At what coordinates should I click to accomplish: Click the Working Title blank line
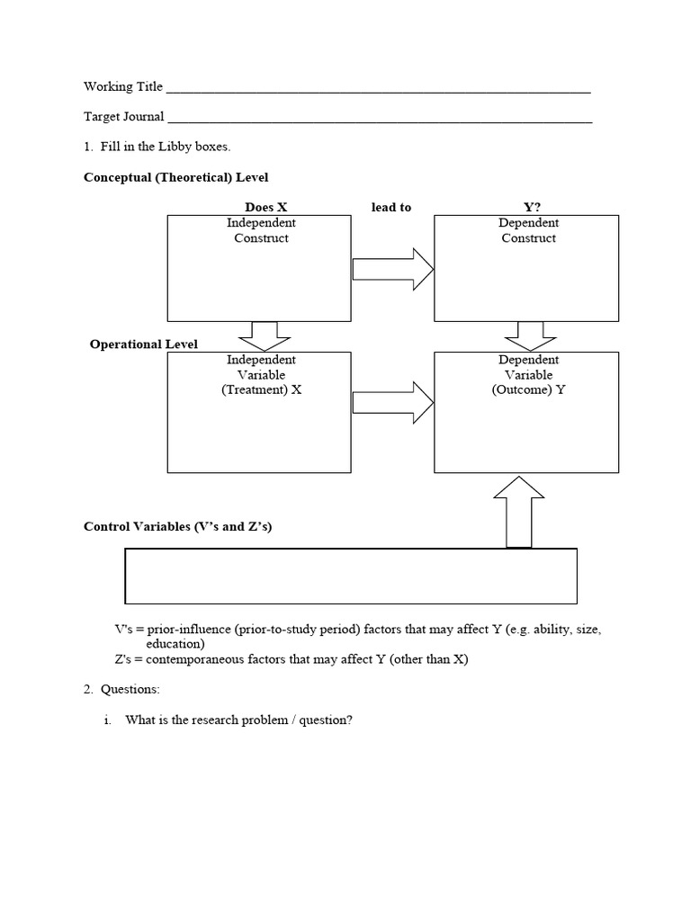tap(378, 91)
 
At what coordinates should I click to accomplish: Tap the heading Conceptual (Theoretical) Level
tap(175, 178)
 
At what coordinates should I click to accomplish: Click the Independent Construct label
tap(261, 230)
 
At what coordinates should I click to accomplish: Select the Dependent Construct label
tap(528, 230)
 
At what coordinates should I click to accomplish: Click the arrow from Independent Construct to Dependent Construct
tap(392, 270)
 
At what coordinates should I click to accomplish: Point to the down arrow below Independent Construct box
tap(264, 335)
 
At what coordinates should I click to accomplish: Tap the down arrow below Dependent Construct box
tap(530, 335)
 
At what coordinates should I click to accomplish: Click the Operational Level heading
tap(144, 344)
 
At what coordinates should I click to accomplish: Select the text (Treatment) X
tap(261, 390)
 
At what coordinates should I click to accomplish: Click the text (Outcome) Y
tap(528, 390)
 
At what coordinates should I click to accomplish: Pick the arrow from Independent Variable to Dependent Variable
tap(392, 402)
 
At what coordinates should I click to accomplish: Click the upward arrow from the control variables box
tap(519, 512)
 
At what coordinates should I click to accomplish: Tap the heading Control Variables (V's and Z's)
tap(177, 526)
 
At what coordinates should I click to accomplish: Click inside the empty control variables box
tap(350, 576)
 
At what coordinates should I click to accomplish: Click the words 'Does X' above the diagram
tap(265, 207)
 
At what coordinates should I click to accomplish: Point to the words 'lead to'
tap(390, 207)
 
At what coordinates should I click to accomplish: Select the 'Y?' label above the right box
tap(532, 207)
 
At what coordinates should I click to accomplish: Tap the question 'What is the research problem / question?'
tap(238, 720)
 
